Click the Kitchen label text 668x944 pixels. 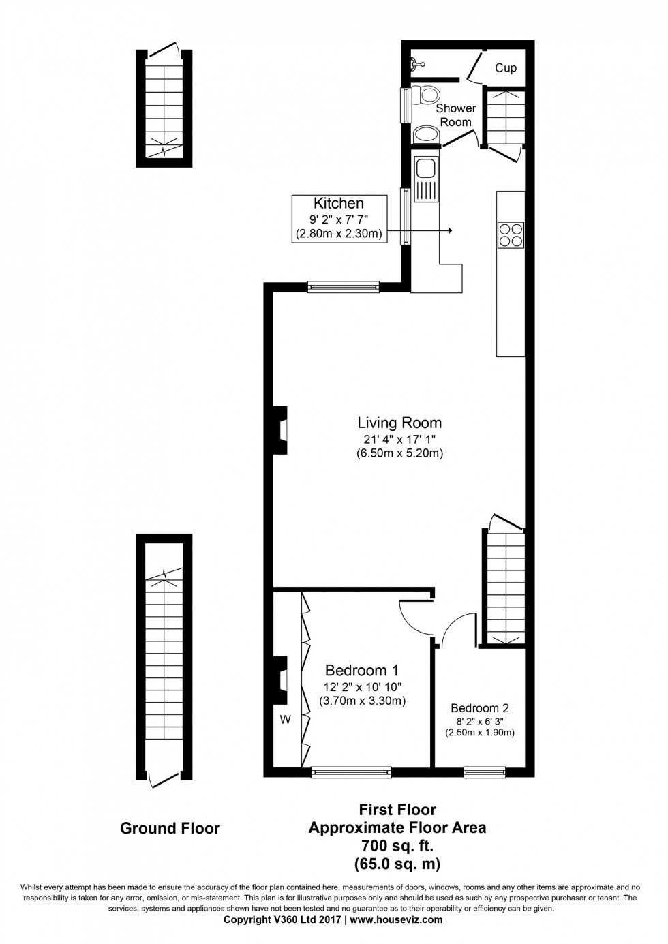tap(338, 203)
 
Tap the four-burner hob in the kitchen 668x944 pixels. tap(511, 234)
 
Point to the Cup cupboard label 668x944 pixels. tap(506, 68)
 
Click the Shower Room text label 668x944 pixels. tap(455, 115)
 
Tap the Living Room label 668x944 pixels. tap(399, 423)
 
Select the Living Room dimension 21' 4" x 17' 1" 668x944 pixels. tap(399, 439)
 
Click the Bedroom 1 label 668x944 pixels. tap(362, 670)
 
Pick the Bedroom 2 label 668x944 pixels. tap(479, 708)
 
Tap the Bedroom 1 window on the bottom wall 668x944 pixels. tap(351, 772)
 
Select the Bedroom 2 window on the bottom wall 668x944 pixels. tap(484, 772)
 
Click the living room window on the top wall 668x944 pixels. tap(343, 287)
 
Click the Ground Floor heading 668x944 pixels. tap(170, 828)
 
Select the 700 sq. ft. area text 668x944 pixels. tap(397, 845)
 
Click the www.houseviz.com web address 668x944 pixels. tap(395, 919)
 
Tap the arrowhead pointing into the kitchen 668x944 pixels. tap(449, 231)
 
